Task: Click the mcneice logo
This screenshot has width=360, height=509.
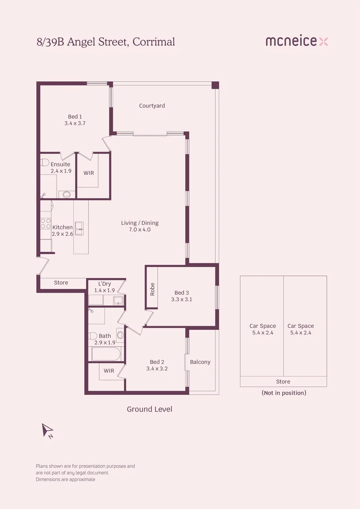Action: point(296,41)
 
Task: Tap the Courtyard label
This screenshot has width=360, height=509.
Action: point(152,106)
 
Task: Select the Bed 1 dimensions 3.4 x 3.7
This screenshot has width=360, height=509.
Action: point(74,123)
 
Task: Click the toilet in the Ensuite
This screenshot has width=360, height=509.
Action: point(45,163)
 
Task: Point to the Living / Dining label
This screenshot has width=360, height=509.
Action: point(139,223)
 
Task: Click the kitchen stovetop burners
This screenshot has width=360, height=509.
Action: point(46,223)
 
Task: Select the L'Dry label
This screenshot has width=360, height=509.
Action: point(104,284)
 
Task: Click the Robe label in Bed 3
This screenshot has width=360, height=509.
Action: point(152,289)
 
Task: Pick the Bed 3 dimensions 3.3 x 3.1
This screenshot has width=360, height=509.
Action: point(181,299)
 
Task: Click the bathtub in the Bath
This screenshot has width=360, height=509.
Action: point(106,354)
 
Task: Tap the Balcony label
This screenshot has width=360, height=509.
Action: point(200,362)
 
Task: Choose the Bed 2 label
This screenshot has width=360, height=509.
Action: point(157,362)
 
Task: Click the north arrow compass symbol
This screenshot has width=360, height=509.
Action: point(48,430)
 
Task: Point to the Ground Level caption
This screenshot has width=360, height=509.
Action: point(149,409)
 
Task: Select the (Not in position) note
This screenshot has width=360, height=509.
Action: point(284,393)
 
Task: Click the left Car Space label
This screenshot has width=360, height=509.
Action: point(262,326)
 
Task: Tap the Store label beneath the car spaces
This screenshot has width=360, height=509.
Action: point(283,382)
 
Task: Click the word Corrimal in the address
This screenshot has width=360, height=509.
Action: point(154,42)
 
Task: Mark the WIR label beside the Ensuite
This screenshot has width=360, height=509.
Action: point(89,173)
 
